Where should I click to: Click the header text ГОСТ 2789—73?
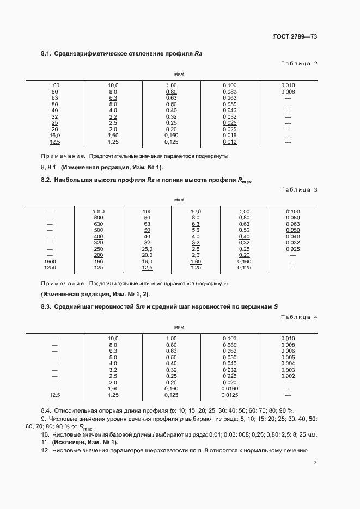[295, 36]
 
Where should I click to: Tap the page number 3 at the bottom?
[315, 463]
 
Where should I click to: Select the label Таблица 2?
[298, 64]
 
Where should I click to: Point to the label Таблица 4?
[298, 317]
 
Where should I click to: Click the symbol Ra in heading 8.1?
[198, 53]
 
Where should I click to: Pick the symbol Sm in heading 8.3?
[139, 307]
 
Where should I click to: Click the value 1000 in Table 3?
[98, 211]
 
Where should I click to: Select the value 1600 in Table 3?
[50, 261]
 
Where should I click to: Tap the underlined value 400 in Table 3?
[98, 237]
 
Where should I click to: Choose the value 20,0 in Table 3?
[147, 255]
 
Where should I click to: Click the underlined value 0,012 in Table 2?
[229, 142]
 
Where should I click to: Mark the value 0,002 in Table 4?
[288, 376]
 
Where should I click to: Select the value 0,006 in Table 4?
[288, 351]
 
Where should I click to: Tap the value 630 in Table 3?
[98, 224]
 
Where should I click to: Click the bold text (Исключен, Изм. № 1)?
[84, 443]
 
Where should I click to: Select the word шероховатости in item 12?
[179, 451]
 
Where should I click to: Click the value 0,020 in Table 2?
[229, 129]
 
